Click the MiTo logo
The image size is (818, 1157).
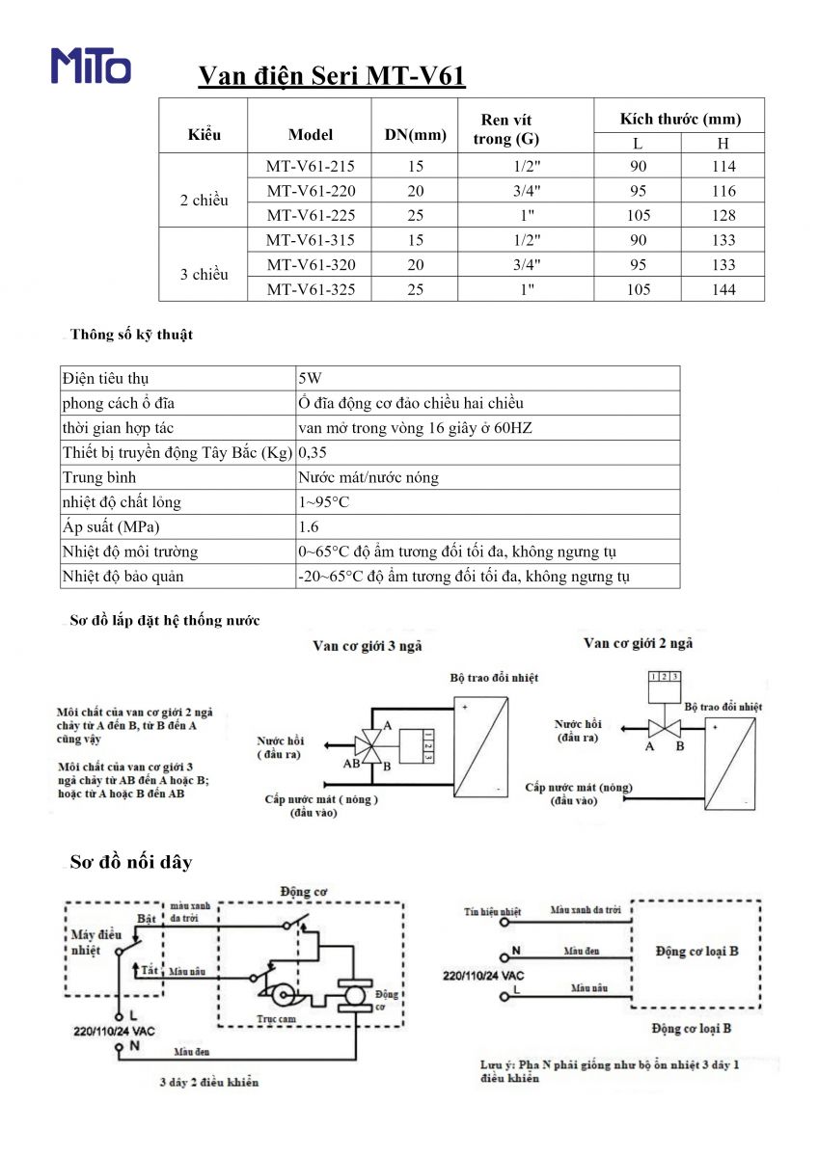click(91, 66)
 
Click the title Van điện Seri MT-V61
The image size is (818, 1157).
click(332, 77)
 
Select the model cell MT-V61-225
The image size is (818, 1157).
click(311, 216)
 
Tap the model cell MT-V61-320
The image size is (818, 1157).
click(311, 264)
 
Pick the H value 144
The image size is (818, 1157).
click(723, 289)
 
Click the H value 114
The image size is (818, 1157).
click(723, 166)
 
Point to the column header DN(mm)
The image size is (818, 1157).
click(416, 135)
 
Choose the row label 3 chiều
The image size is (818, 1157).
click(204, 275)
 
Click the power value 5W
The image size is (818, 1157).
click(310, 378)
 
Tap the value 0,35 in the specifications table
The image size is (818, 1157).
click(313, 452)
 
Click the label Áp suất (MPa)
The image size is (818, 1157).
click(111, 527)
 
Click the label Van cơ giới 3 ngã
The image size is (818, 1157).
click(368, 646)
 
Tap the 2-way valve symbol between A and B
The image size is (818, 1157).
click(665, 727)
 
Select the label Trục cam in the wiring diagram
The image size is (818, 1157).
click(276, 1018)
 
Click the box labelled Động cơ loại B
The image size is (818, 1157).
click(695, 952)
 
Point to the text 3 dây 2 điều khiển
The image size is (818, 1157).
click(209, 1082)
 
